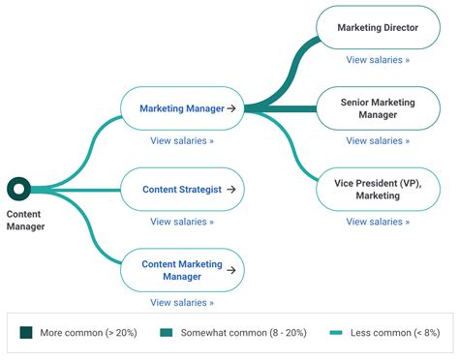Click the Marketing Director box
tap(378, 28)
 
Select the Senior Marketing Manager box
tap(378, 107)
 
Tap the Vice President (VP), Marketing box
tap(378, 189)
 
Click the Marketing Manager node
tap(181, 108)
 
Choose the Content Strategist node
tap(181, 189)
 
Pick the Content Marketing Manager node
tap(181, 270)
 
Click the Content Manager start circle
tap(18, 189)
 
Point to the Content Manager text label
tap(25, 220)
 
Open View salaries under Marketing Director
tap(378, 60)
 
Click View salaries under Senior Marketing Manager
tap(378, 140)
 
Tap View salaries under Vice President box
tap(378, 222)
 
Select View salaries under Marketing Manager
tap(181, 140)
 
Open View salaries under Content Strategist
tap(181, 222)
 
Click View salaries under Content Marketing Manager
tap(181, 302)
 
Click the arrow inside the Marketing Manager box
tap(231, 108)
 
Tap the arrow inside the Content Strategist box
tap(229, 189)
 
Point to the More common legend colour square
tap(26, 332)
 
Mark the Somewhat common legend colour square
tap(167, 332)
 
